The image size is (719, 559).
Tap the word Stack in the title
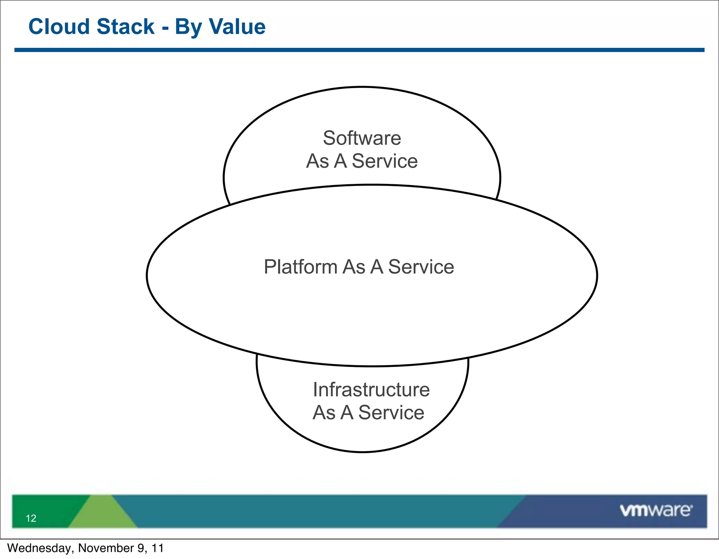coord(125,27)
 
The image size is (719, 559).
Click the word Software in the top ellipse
coord(362,138)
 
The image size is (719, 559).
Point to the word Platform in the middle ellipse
coord(300,267)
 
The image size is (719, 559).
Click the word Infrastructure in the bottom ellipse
coord(371,390)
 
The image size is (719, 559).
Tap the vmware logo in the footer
coord(656,511)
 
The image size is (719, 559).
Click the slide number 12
coord(31,518)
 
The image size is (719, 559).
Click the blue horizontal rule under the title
coord(359,50)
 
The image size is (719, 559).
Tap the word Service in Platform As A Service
coord(421,267)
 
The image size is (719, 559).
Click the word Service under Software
coord(385,161)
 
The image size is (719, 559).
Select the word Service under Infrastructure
coord(391,413)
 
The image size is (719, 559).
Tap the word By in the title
coord(188,27)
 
